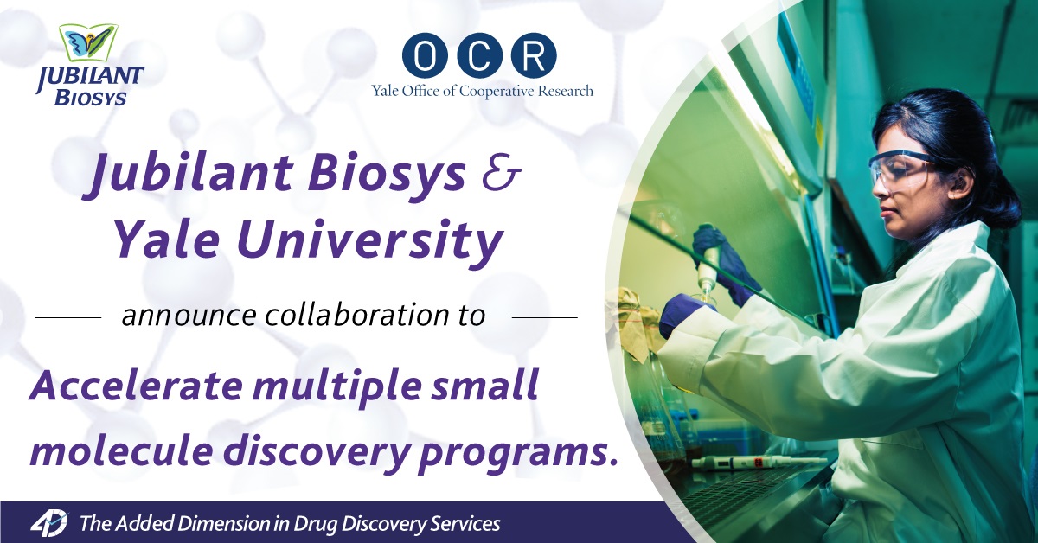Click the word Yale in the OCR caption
pyautogui.click(x=387, y=90)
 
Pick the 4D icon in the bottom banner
pyautogui.click(x=49, y=523)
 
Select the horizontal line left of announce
pyautogui.click(x=68, y=317)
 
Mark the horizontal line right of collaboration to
pyautogui.click(x=544, y=317)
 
